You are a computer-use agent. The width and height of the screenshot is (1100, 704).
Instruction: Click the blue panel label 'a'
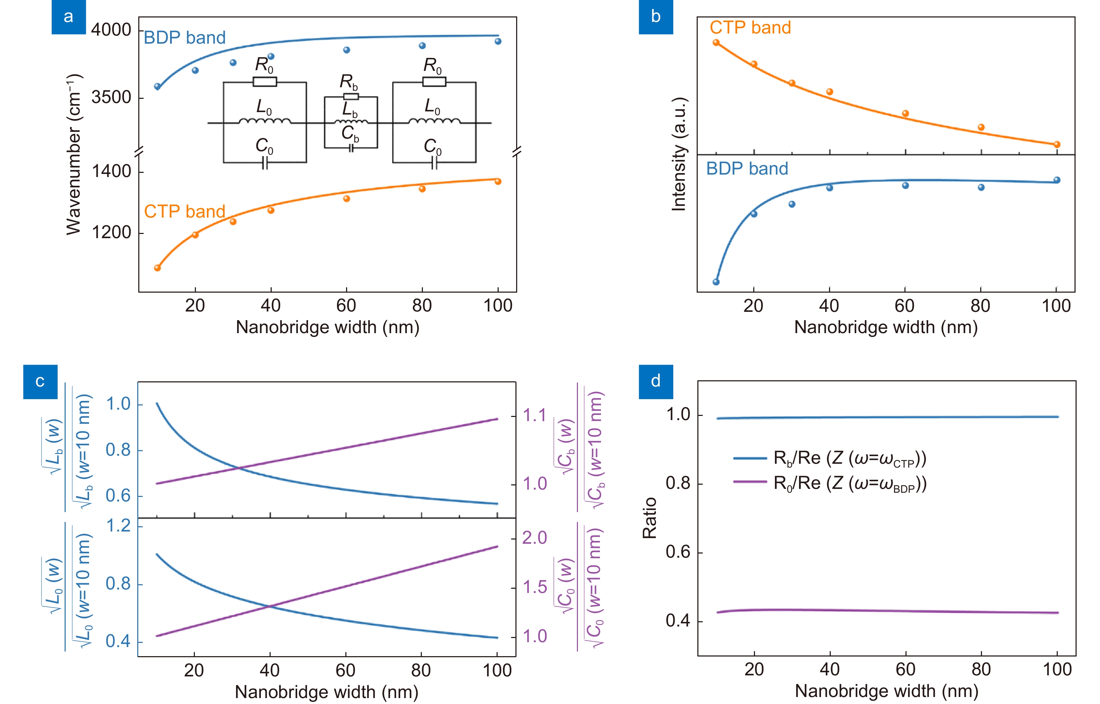point(68,17)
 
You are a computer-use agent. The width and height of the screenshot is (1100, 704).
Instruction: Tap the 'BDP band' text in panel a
point(185,37)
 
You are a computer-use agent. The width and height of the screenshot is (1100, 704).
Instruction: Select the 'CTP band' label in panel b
point(750,28)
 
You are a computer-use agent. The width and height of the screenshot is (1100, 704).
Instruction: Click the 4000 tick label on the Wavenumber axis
point(111,30)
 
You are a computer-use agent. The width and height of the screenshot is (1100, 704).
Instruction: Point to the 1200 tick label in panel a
point(111,232)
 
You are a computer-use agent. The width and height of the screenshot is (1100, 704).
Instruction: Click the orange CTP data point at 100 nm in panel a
point(498,182)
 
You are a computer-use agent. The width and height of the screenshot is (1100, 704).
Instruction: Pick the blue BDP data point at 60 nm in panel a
point(346,50)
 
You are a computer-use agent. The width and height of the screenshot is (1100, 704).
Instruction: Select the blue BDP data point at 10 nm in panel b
point(716,281)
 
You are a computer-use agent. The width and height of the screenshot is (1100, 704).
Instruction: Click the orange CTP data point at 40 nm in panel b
point(829,92)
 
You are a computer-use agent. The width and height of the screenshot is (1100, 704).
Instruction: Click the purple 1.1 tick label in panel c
point(534,415)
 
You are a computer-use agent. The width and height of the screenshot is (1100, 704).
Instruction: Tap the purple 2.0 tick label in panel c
point(534,537)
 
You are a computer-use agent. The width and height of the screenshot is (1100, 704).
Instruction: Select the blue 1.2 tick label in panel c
point(118,526)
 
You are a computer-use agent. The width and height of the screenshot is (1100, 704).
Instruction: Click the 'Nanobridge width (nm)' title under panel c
point(326,692)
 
